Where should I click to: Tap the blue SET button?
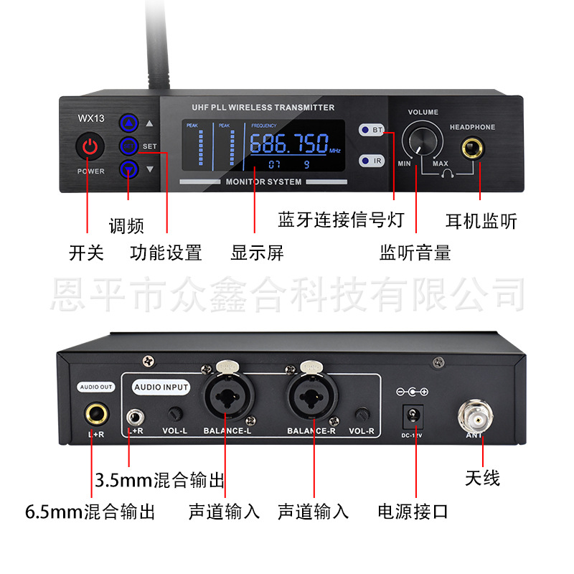(129, 146)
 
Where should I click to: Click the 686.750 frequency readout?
(288, 143)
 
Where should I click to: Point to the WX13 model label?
(90, 119)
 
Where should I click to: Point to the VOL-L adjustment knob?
(174, 414)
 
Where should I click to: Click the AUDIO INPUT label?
(161, 387)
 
